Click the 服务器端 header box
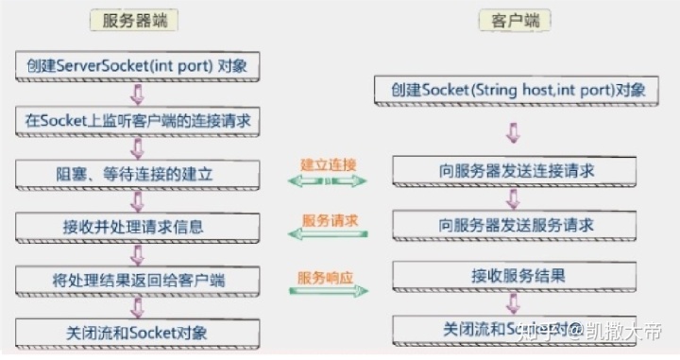(138, 20)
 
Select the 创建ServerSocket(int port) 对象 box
(138, 65)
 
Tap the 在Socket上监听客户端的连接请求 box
(138, 120)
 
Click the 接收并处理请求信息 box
(138, 227)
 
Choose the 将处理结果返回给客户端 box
(138, 281)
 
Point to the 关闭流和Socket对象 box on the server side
(138, 333)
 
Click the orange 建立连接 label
(329, 163)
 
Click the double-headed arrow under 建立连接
(328, 180)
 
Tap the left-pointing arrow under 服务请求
(328, 236)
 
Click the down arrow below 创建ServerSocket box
(138, 93)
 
